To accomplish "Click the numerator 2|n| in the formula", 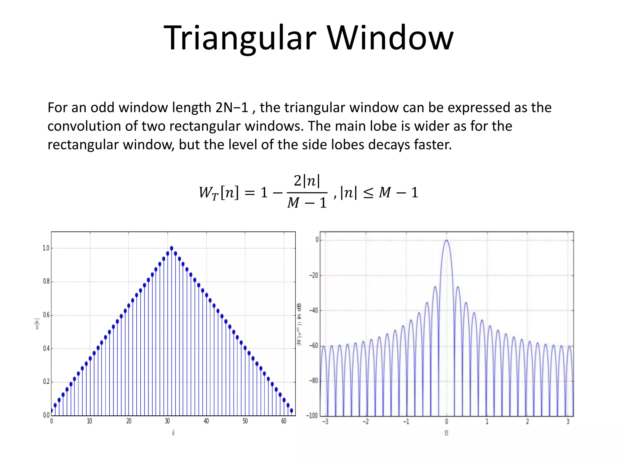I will (x=307, y=181).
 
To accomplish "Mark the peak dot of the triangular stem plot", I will (x=171, y=248).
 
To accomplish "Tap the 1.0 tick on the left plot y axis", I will (x=46, y=248).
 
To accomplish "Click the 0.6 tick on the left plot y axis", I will (x=46, y=315).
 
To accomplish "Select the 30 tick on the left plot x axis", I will (x=167, y=421).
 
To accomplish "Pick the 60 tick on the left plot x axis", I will (x=284, y=421).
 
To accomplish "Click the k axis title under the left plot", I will (x=173, y=433).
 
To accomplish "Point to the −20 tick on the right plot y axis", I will (x=314, y=275).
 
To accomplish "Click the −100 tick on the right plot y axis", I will (x=312, y=416).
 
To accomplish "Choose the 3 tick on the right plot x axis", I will (x=568, y=421).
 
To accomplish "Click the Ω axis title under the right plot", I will (x=446, y=433).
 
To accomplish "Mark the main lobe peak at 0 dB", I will (x=446, y=240).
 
